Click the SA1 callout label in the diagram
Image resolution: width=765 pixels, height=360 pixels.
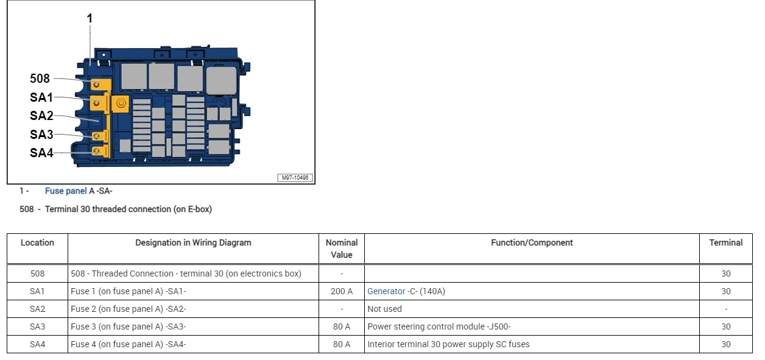[41, 97]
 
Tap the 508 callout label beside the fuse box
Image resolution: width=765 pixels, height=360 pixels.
[40, 79]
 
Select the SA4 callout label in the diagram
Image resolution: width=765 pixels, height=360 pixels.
[41, 153]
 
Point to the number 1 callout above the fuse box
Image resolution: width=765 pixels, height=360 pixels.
[90, 19]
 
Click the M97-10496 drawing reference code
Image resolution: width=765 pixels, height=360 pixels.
[295, 178]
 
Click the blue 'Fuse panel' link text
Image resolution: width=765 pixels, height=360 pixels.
[66, 191]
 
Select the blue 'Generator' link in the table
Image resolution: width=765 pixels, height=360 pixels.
[386, 291]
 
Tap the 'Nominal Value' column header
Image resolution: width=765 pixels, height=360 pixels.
[342, 249]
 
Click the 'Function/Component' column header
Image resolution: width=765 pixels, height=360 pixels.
[532, 242]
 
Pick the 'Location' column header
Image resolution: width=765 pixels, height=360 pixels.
[37, 242]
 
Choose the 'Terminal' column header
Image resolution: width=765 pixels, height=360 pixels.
[725, 242]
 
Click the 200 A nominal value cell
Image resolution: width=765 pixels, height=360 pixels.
[342, 291]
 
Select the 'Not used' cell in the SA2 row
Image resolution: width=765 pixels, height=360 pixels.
[384, 309]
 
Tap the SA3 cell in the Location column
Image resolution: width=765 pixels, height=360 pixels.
[37, 326]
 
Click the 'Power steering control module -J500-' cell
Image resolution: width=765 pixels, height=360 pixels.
[439, 326]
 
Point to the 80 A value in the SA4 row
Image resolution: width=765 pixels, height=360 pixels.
[342, 344]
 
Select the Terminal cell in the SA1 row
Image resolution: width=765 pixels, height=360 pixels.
[725, 291]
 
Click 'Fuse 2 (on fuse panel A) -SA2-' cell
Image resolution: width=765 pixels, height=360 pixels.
[128, 309]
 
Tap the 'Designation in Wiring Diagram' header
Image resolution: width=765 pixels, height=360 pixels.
[193, 242]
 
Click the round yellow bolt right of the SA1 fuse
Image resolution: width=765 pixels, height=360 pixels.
[121, 104]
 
